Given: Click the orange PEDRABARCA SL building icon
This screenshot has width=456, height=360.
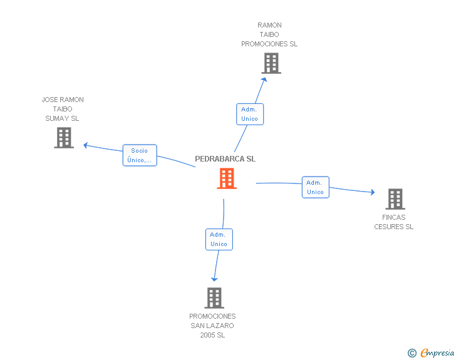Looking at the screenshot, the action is (x=227, y=178).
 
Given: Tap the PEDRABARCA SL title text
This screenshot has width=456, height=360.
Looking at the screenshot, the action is (x=225, y=159).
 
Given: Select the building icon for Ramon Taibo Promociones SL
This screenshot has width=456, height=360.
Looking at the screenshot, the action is (x=271, y=63).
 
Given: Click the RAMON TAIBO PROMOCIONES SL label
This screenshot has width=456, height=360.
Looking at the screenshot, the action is (x=269, y=34).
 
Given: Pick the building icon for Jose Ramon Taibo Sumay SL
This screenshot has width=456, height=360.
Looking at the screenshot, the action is (x=64, y=138).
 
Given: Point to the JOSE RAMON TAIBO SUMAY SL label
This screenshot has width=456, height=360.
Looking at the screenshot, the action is (x=63, y=109).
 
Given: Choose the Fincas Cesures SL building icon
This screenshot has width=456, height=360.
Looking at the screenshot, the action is (x=395, y=199).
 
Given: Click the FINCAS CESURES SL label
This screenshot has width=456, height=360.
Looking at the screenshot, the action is (x=394, y=222).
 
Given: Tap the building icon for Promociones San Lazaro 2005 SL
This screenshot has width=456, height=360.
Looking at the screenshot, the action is (x=214, y=298).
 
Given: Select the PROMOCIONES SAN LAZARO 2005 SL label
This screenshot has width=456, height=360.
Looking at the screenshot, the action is (x=212, y=326).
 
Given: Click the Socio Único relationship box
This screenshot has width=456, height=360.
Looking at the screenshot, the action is (x=140, y=155).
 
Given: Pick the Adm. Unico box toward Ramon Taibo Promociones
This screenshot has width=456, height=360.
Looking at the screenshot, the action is (x=250, y=114).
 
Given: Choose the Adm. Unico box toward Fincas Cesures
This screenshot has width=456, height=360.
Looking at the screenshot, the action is (x=316, y=187).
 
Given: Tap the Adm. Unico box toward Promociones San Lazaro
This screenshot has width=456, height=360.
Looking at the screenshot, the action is (x=219, y=239).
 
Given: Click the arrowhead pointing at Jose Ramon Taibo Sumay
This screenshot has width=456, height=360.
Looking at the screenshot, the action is (x=85, y=145).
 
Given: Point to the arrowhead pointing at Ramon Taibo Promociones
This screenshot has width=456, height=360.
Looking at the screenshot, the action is (x=264, y=80).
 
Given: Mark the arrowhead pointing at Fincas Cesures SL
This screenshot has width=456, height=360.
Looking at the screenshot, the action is (x=373, y=192).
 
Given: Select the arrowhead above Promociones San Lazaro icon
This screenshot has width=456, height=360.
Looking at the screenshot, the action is (x=214, y=279).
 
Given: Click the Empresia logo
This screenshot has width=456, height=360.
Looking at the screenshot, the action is (x=437, y=352).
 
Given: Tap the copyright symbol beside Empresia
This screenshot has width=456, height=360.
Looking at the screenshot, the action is (x=412, y=353).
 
